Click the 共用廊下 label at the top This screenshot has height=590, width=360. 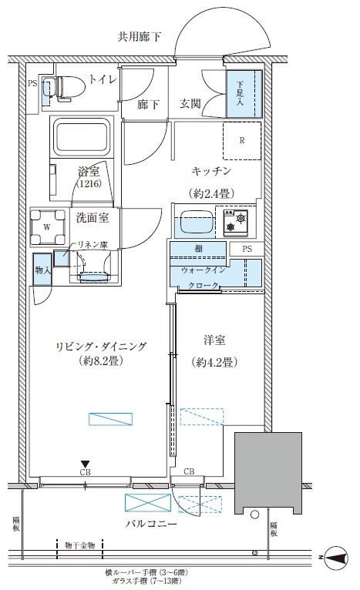coord(139,36)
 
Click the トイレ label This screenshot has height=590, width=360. coord(102,79)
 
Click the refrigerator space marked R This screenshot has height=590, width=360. coord(241,140)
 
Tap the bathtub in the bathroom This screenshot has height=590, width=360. coord(82,136)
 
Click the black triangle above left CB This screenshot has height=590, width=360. coord(86,464)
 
